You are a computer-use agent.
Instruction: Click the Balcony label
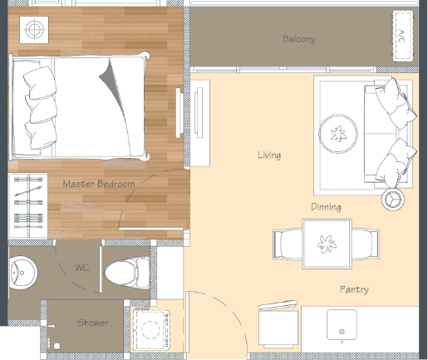pyautogui.click(x=299, y=39)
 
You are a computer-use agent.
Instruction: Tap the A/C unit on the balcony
pyautogui.click(x=402, y=36)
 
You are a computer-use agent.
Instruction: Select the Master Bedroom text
pyautogui.click(x=99, y=184)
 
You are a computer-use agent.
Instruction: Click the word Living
pyautogui.click(x=269, y=155)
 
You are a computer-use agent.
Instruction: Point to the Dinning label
pyautogui.click(x=326, y=207)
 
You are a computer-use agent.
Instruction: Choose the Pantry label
pyautogui.click(x=354, y=289)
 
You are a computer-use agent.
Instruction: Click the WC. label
pyautogui.click(x=83, y=268)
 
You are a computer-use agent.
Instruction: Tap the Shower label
pyautogui.click(x=92, y=323)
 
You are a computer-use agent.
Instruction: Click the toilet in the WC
pyautogui.click(x=127, y=272)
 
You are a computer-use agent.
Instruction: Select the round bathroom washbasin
pyautogui.click(x=22, y=273)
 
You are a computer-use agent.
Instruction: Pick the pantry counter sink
pyautogui.click(x=342, y=325)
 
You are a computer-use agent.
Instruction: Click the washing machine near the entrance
pyautogui.click(x=151, y=329)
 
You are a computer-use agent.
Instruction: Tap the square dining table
pyautogui.click(x=327, y=244)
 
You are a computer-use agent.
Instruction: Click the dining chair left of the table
pyautogui.click(x=288, y=244)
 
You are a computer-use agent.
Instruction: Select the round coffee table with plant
pyautogui.click(x=338, y=133)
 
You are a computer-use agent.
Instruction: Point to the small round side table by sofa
pyautogui.click(x=393, y=199)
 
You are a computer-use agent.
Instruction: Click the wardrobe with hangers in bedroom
pyautogui.click(x=28, y=205)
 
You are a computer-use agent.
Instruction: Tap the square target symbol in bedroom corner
pyautogui.click(x=34, y=30)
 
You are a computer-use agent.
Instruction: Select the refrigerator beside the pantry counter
pyautogui.click(x=278, y=325)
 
